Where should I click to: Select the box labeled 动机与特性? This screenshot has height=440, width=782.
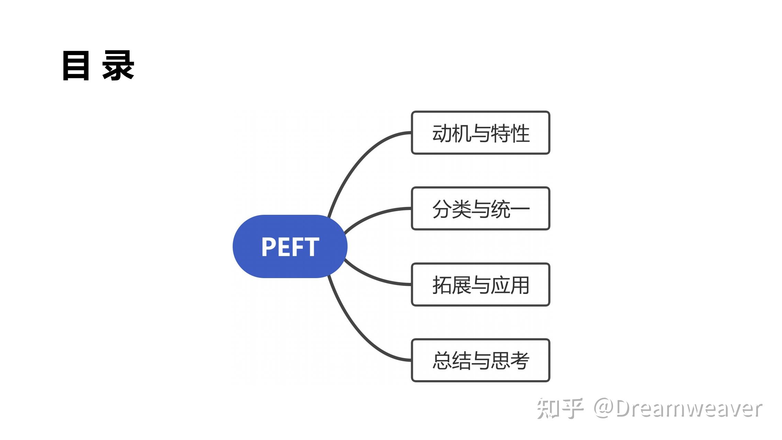point(480,133)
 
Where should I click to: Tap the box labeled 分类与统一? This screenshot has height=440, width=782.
point(480,209)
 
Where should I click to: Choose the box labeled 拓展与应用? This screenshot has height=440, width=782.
point(480,285)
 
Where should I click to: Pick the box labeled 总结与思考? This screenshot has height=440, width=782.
point(480,360)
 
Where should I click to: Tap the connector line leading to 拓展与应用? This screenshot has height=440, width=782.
point(375,278)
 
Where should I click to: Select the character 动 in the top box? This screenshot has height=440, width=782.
point(442,133)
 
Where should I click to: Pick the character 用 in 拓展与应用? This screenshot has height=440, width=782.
point(520,285)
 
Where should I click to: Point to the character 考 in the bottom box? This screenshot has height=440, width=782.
point(520,361)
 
